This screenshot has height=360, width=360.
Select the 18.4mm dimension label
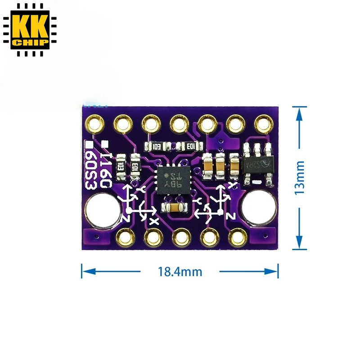point(180,272)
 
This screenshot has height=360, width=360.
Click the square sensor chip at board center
point(171,180)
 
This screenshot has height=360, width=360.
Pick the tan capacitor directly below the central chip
point(173,207)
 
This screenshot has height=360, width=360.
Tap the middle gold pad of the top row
point(179,122)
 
